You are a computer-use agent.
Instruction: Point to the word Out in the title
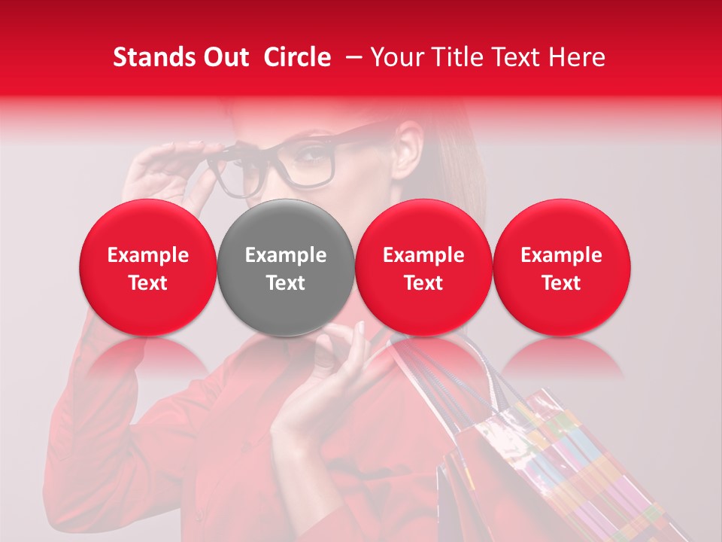click(x=226, y=57)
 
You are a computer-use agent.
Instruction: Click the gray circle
click(x=286, y=267)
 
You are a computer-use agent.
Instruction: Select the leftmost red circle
click(x=147, y=267)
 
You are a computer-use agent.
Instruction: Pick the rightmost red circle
click(x=561, y=267)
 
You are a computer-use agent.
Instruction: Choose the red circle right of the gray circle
click(x=423, y=267)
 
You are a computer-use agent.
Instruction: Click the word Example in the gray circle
click(x=286, y=255)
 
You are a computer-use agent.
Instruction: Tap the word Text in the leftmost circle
click(x=147, y=283)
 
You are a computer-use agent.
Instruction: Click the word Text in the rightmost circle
click(x=561, y=283)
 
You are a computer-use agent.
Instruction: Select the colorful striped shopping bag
click(x=557, y=467)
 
